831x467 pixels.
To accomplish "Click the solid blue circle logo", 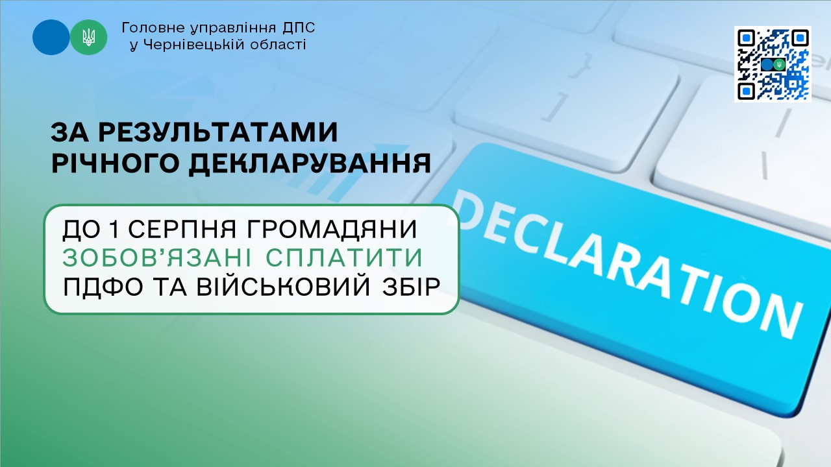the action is click(51, 38).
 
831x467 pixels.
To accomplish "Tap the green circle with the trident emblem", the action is click(89, 38).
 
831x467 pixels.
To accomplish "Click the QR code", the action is click(773, 64).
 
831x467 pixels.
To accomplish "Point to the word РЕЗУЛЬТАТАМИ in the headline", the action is click(218, 132).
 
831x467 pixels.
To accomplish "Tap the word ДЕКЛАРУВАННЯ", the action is click(310, 163).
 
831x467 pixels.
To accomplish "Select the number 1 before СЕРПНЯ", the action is click(114, 229).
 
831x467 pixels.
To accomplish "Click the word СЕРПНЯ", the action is click(182, 229).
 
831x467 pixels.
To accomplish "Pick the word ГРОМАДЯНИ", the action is click(331, 229).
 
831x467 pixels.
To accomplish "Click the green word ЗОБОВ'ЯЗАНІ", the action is click(160, 257).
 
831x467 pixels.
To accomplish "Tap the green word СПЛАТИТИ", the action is click(344, 257).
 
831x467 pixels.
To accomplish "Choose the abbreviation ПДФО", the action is click(103, 287).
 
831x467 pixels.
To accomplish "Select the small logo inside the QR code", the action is click(773, 65).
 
